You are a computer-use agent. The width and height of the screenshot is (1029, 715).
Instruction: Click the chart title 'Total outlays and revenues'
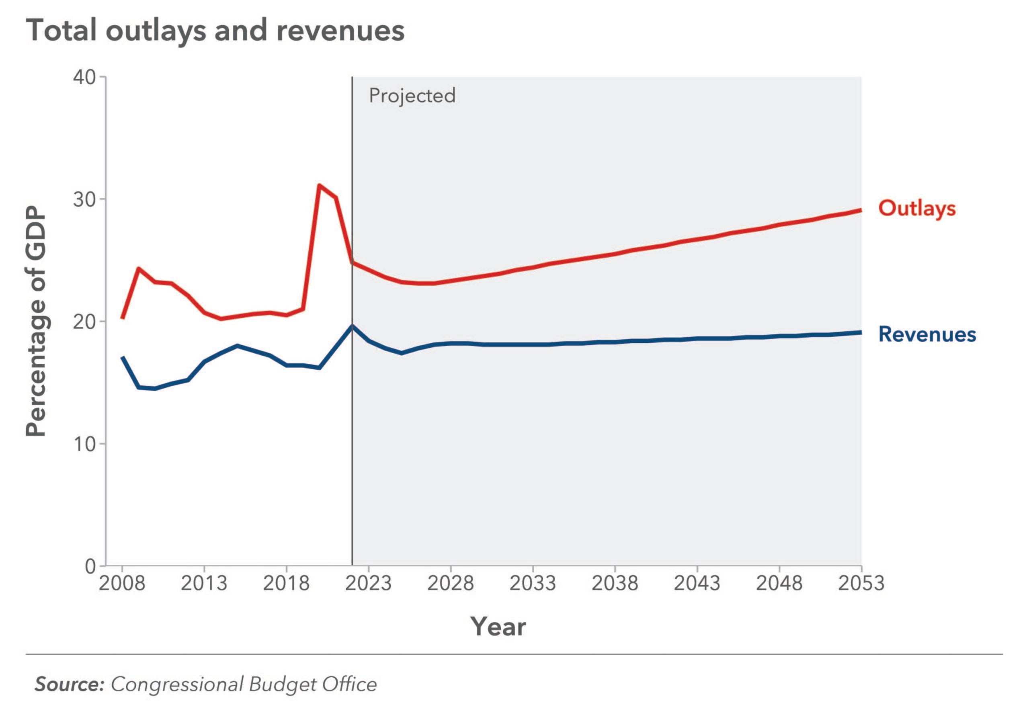tap(215, 31)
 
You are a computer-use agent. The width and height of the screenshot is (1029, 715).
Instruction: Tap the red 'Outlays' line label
tap(916, 209)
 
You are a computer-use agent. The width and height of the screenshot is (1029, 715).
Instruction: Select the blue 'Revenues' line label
tap(927, 335)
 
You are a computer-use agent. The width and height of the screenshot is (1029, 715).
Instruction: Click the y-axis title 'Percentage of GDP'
tap(36, 321)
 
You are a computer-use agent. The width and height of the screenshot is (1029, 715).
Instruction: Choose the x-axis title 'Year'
tap(498, 626)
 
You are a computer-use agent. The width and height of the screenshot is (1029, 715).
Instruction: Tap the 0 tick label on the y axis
tap(90, 566)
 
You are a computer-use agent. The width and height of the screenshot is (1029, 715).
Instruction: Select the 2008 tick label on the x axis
tap(122, 583)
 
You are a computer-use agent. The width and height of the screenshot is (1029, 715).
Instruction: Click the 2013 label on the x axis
tap(204, 583)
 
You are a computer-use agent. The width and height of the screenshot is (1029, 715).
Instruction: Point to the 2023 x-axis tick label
tap(368, 583)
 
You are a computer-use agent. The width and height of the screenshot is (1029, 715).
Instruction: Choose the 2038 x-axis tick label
tap(615, 583)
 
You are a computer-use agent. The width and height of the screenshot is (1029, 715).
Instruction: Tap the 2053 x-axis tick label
tap(861, 583)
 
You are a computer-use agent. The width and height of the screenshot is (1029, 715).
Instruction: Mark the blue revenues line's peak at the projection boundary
tap(352, 326)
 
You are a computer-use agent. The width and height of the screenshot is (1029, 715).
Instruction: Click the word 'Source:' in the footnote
tap(70, 684)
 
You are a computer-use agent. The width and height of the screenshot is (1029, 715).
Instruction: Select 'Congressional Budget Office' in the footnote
tap(244, 684)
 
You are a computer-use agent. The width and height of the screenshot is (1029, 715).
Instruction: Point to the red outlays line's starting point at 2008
tap(122, 318)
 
